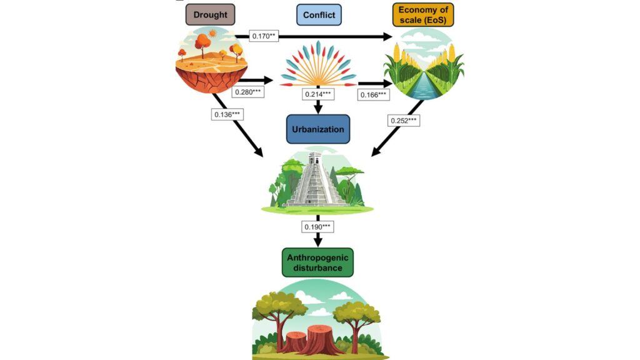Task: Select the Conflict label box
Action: tap(319, 14)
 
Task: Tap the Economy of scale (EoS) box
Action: tap(422, 14)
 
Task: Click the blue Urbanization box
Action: tap(318, 129)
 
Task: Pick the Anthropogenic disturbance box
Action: tap(318, 262)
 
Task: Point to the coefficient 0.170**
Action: tap(263, 36)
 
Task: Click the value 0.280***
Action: tap(248, 92)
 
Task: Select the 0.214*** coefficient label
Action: tap(319, 94)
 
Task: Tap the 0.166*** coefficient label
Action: tap(374, 95)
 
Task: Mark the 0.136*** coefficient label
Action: tap(227, 114)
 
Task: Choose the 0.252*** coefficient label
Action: tap(404, 120)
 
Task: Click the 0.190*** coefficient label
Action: tap(318, 226)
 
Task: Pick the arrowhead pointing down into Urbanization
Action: tap(318, 109)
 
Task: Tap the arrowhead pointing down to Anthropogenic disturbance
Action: tap(318, 241)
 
